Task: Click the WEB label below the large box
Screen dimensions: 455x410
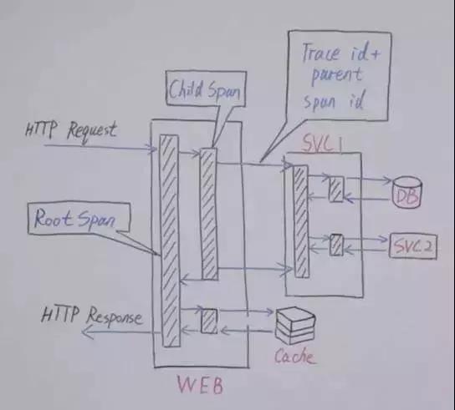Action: click(200, 385)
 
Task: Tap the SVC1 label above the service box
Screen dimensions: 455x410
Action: click(322, 143)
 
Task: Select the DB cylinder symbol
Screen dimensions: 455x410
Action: click(406, 192)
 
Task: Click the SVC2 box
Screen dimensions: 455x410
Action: click(413, 245)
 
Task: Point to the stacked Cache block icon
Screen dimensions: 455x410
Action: click(294, 326)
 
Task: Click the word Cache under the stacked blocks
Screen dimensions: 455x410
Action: click(294, 357)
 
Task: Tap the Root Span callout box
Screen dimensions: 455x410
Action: click(79, 218)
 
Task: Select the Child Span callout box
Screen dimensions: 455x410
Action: click(206, 89)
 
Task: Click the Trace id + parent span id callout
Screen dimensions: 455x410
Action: click(339, 76)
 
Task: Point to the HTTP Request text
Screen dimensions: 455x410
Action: click(71, 132)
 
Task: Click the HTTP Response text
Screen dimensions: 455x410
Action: click(92, 316)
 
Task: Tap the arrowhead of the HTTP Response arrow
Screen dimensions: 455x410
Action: click(86, 332)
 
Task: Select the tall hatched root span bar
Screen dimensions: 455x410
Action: click(170, 240)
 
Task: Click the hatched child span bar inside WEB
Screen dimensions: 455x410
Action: click(209, 214)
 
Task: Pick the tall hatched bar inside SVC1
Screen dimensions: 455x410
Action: click(301, 221)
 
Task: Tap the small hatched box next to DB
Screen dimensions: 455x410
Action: click(336, 189)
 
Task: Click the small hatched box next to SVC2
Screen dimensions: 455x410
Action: click(336, 245)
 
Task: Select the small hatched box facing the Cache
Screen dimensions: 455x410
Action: click(209, 321)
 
